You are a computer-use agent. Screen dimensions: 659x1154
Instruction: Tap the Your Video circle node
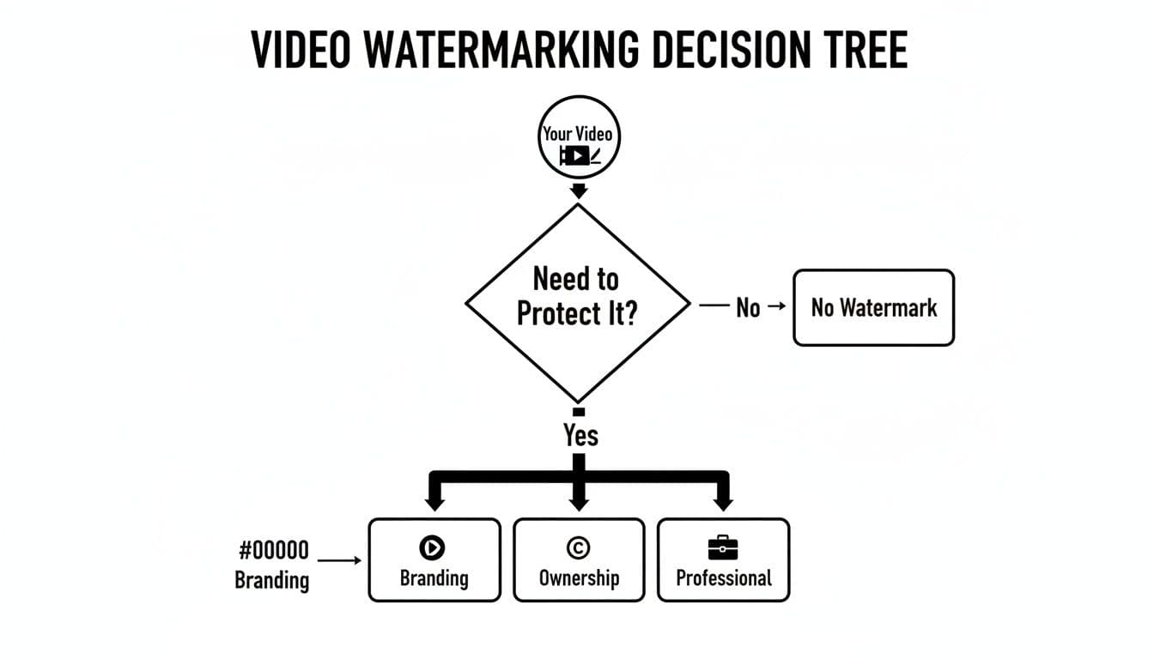click(x=578, y=142)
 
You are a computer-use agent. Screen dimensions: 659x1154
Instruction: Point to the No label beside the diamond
click(x=748, y=308)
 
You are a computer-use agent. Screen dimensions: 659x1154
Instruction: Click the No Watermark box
click(x=873, y=308)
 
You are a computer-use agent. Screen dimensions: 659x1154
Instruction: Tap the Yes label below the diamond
click(x=580, y=435)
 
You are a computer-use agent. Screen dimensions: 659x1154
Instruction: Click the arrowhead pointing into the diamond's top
click(x=579, y=191)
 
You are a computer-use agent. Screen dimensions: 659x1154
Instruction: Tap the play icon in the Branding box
click(x=434, y=547)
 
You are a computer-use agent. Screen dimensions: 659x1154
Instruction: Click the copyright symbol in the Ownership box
click(x=578, y=547)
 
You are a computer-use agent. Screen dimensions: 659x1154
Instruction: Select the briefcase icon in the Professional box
click(x=723, y=547)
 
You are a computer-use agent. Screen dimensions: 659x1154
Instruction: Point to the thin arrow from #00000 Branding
click(x=340, y=561)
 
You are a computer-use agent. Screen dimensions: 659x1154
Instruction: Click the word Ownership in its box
click(x=579, y=577)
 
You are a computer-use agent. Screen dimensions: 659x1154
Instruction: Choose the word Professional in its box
click(x=723, y=577)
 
